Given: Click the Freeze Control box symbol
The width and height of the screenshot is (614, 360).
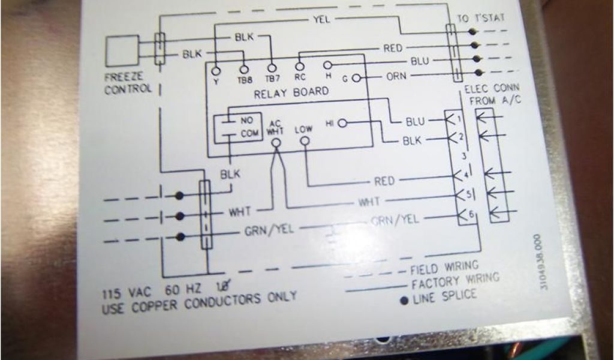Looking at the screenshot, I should (122, 51).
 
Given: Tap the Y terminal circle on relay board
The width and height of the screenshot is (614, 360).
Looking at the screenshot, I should (215, 71).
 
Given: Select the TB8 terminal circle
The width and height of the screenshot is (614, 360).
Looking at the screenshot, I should (244, 70).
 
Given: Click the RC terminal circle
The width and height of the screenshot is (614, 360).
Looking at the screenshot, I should (300, 67).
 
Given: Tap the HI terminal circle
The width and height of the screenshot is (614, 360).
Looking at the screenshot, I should (342, 123).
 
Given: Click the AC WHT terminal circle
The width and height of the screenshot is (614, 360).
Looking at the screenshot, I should (276, 143).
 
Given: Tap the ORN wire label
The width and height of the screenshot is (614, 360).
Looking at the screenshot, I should (396, 76).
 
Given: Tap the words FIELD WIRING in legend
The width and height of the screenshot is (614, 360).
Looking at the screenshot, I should (444, 266).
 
